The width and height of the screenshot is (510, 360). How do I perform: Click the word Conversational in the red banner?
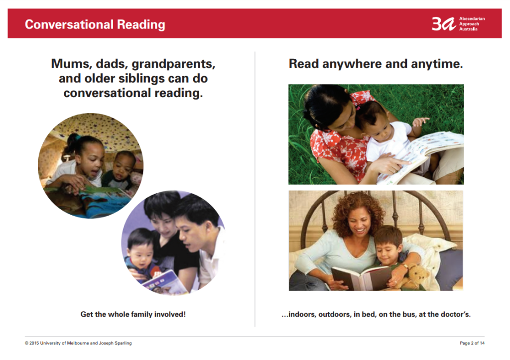click(69, 24)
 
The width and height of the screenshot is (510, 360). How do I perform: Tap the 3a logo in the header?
click(444, 24)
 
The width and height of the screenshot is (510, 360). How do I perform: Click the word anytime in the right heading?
click(437, 64)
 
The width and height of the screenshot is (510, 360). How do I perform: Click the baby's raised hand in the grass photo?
click(420, 121)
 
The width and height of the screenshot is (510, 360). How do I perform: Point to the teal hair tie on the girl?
click(78, 137)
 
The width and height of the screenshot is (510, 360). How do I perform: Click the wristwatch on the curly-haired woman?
click(405, 266)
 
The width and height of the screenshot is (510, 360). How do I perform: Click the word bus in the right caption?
click(407, 315)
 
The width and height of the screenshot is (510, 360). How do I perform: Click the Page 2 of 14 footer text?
click(472, 343)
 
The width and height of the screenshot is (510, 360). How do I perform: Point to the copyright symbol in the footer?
click(27, 343)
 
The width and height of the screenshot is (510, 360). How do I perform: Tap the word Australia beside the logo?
click(468, 29)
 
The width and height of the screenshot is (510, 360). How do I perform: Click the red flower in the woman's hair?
click(362, 97)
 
